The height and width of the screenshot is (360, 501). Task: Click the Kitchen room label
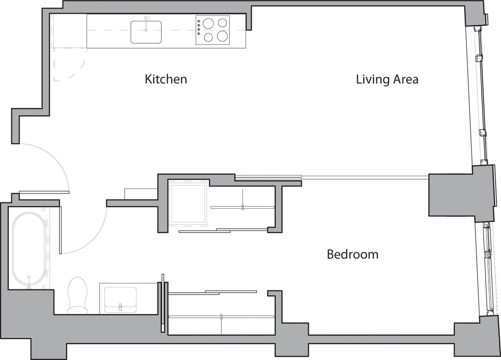pyautogui.click(x=166, y=79)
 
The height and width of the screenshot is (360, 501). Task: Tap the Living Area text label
pyautogui.click(x=387, y=79)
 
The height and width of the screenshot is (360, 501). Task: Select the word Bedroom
pyautogui.click(x=352, y=255)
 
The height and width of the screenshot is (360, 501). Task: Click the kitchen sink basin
pyautogui.click(x=146, y=32)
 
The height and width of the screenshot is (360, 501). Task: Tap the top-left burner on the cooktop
pyautogui.click(x=208, y=23)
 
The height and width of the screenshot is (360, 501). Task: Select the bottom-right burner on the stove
pyautogui.click(x=222, y=37)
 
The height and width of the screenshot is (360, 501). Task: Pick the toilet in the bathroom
pyautogui.click(x=77, y=295)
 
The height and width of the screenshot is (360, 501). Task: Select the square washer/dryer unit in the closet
pyautogui.click(x=188, y=203)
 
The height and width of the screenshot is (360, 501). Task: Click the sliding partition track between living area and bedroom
pyautogui.click(x=363, y=176)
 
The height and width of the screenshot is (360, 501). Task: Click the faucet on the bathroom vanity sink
pyautogui.click(x=120, y=307)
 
